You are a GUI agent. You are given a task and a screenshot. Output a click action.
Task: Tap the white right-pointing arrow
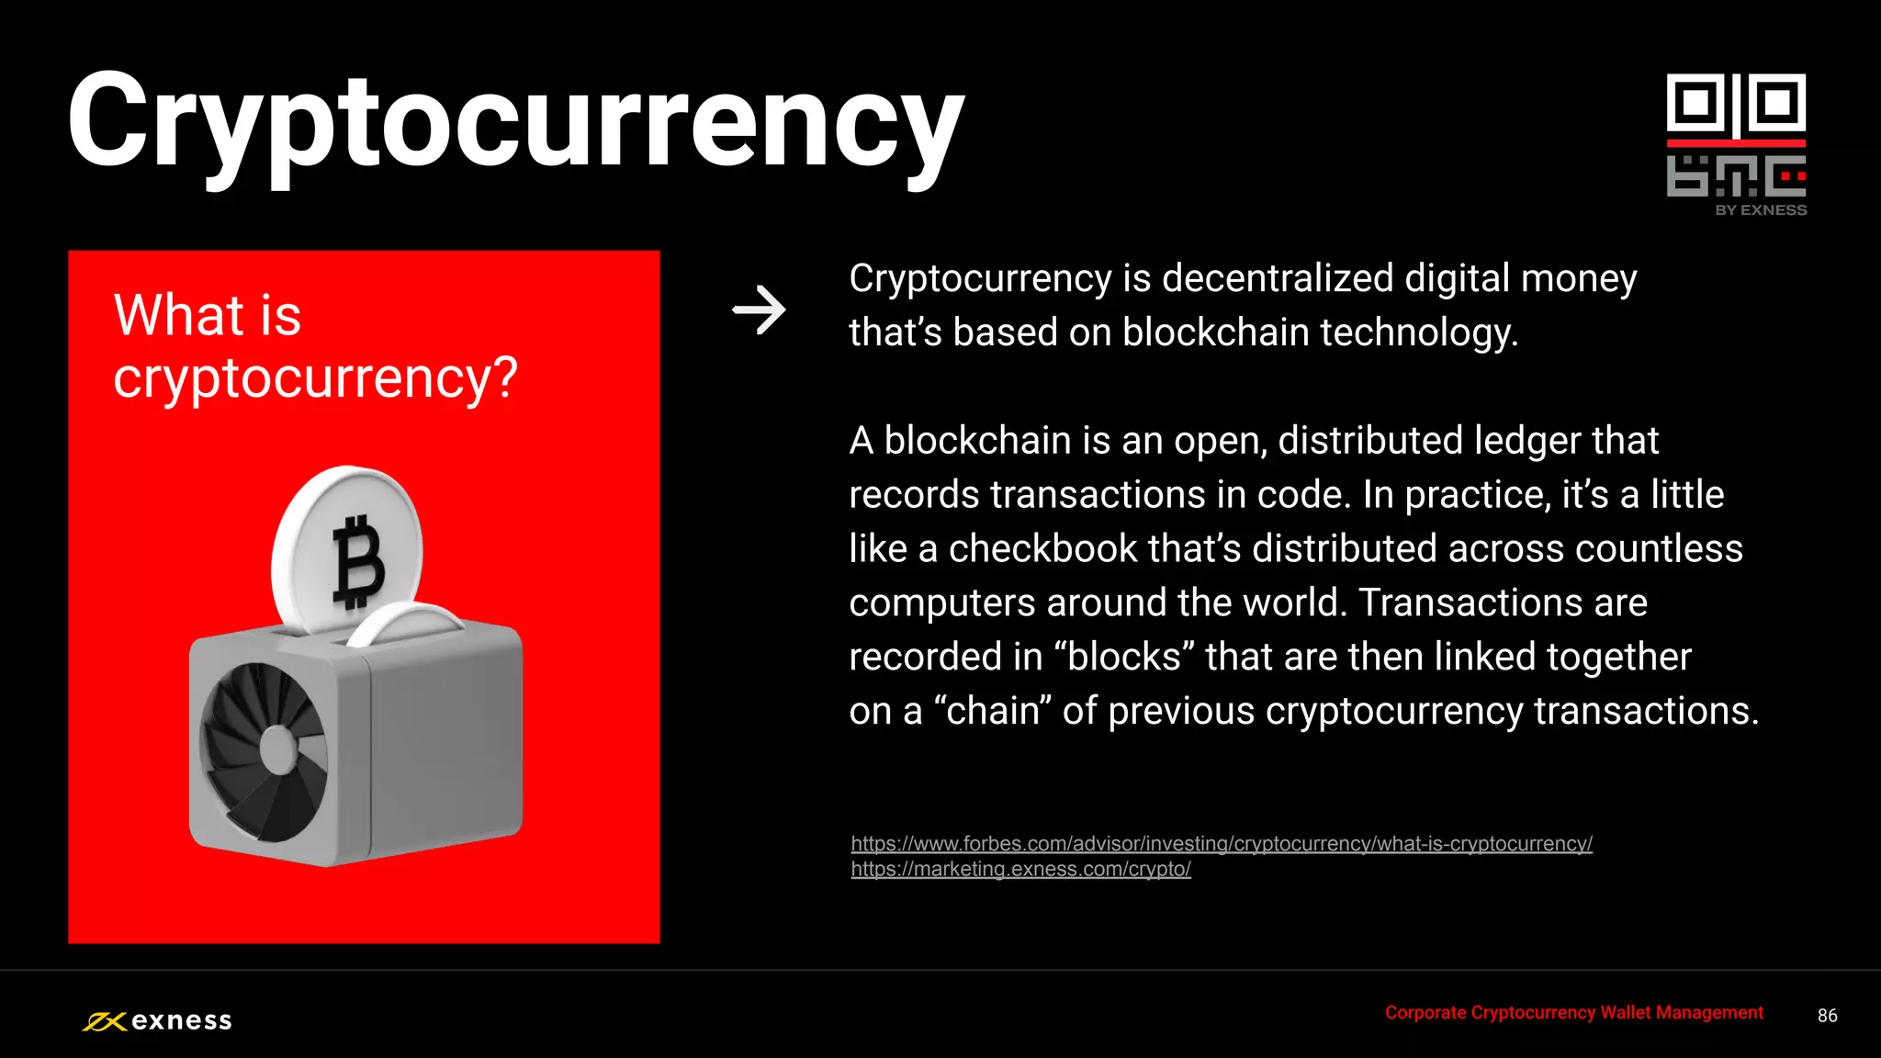[x=759, y=310]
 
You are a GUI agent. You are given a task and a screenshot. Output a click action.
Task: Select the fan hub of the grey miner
[x=278, y=749]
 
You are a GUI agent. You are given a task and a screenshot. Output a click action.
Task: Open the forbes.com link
[x=1222, y=843]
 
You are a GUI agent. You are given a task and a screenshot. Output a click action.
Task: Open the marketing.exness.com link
[x=1020, y=869]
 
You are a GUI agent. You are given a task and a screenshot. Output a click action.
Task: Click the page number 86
[x=1827, y=1016]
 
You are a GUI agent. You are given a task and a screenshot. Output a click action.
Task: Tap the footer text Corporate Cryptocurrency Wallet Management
[x=1573, y=1012]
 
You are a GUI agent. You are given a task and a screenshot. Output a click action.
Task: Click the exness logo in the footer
[x=157, y=1020]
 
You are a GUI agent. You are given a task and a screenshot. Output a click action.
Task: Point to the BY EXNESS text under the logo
[x=1761, y=210]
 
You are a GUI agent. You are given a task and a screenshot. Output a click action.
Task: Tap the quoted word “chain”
[x=993, y=712]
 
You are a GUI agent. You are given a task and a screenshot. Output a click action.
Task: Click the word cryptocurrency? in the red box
[x=315, y=377]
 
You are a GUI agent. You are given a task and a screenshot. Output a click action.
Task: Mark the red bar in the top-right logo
[x=1736, y=143]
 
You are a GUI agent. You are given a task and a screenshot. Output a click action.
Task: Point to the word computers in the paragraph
[x=941, y=603]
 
